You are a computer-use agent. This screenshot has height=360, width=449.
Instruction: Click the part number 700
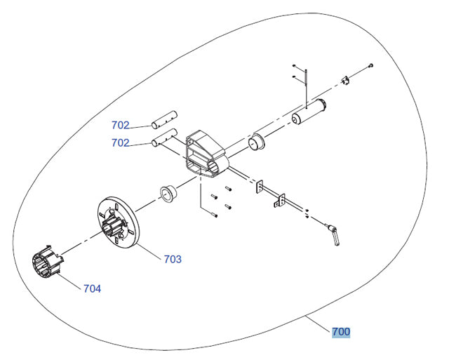point(341,331)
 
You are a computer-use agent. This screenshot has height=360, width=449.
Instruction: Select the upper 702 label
point(120,126)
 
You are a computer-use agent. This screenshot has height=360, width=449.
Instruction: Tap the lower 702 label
point(120,142)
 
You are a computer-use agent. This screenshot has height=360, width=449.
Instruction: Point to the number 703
point(173,259)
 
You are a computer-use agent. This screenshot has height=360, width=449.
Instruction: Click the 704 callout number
point(92,288)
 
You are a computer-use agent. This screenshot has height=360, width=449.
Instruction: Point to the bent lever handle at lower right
point(335,233)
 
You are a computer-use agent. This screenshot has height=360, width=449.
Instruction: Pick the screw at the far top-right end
point(370,65)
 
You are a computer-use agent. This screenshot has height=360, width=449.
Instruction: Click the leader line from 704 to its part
point(70,281)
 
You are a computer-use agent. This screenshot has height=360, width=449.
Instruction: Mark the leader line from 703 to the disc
point(150,253)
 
